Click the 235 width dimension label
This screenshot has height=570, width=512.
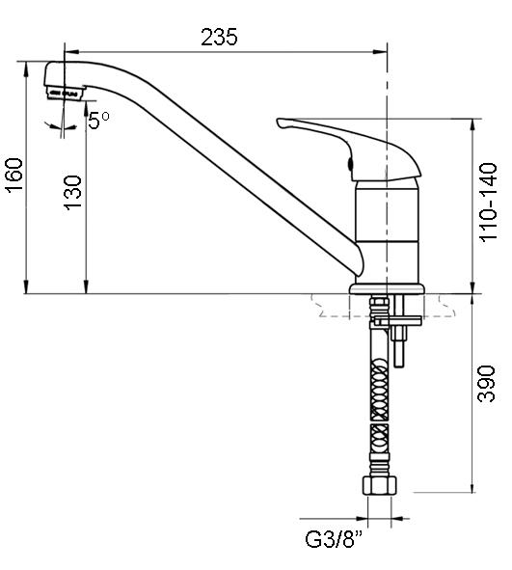tap(219, 37)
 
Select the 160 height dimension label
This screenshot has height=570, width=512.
tap(15, 175)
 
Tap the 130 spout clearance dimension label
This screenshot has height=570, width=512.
tap(73, 193)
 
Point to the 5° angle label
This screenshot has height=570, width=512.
tap(98, 121)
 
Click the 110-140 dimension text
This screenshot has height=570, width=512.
tap(488, 203)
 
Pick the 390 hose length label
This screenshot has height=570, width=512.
tap(487, 384)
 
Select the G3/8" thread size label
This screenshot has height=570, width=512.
tap(334, 539)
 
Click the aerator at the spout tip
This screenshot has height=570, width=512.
tap(65, 93)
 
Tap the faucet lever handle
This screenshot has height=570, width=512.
tap(349, 149)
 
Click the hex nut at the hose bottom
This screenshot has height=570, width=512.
tap(379, 485)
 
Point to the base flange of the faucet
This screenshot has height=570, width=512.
tap(387, 289)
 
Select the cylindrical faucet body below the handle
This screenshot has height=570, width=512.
tap(387, 231)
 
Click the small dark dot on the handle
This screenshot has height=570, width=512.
tap(350, 164)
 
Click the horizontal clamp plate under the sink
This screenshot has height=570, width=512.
tap(397, 321)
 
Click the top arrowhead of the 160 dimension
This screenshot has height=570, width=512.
tap(26, 68)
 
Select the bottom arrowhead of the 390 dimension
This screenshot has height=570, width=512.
tap(472, 486)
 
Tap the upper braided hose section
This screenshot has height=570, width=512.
tap(379, 390)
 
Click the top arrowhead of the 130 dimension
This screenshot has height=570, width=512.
tap(86, 108)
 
